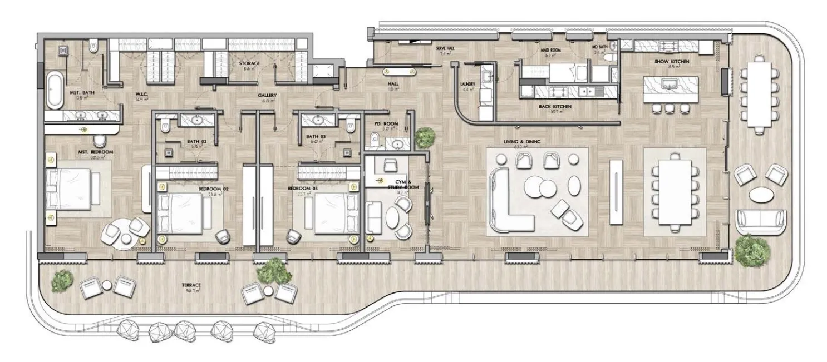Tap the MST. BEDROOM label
click(96, 152)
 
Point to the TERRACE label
click(191, 285)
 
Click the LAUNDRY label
click(467, 85)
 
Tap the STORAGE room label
click(249, 63)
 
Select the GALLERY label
click(267, 95)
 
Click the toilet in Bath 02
click(164, 128)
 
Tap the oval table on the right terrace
click(760, 195)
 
